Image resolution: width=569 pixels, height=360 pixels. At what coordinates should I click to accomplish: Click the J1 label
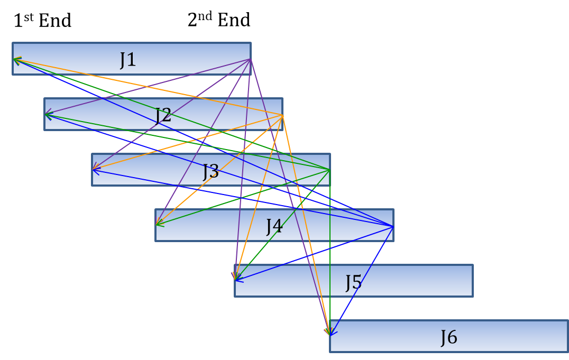[128, 59]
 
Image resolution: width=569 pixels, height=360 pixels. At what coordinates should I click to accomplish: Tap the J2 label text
[163, 115]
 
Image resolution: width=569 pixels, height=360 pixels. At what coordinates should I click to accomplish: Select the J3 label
[211, 171]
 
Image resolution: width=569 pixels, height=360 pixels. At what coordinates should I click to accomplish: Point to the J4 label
[274, 226]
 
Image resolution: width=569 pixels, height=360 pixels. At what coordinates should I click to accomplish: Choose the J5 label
[353, 282]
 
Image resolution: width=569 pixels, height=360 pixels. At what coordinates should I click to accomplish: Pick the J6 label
[448, 337]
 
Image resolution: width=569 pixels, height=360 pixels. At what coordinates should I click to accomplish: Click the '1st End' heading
[42, 21]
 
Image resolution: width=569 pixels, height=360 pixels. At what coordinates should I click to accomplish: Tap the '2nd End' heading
[219, 20]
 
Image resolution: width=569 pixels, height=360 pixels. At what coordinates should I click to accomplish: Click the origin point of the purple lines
[250, 59]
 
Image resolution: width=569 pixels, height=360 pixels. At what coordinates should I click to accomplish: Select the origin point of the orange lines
[282, 115]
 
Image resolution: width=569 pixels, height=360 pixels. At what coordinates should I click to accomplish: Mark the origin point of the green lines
[330, 170]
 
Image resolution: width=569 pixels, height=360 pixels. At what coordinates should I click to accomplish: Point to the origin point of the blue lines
[393, 226]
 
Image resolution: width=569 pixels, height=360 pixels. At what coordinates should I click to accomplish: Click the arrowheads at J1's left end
[16, 60]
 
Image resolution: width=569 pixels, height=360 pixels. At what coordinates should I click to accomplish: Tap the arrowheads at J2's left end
[48, 114]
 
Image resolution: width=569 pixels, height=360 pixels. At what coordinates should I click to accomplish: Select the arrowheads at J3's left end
[95, 170]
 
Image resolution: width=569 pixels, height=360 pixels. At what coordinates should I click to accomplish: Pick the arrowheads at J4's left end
[159, 224]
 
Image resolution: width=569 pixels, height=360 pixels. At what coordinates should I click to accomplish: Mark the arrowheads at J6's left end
[329, 331]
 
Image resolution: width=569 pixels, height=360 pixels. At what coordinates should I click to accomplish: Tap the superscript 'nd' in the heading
[206, 15]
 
